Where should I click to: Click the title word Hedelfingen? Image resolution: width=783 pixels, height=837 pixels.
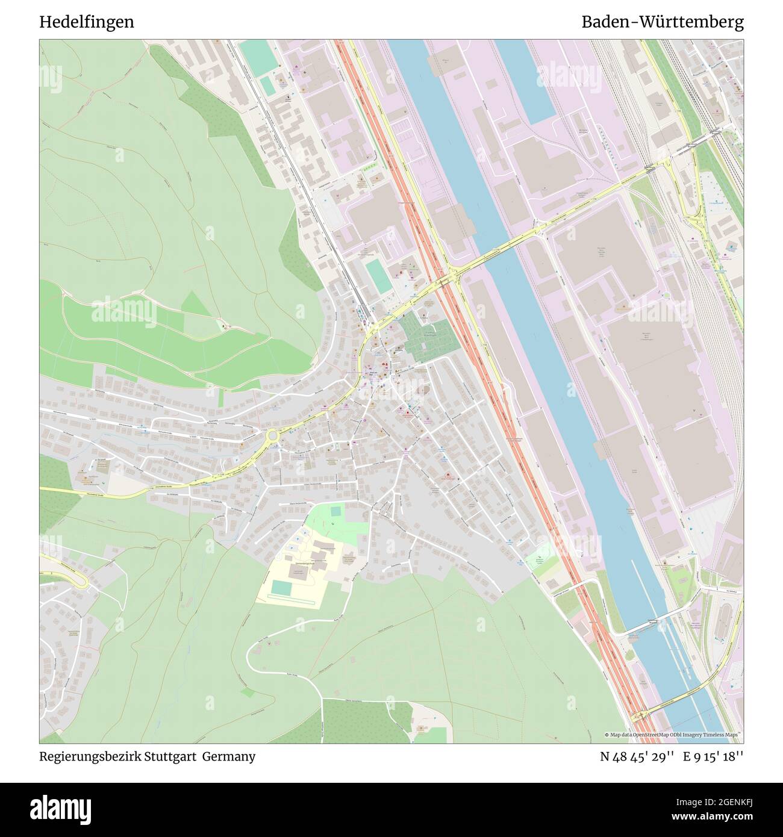[x=87, y=22]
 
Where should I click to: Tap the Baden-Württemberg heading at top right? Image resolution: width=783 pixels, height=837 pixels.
[x=662, y=22]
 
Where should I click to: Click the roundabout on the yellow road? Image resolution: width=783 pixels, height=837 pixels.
[x=273, y=435]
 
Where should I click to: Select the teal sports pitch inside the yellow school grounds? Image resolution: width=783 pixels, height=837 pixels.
[x=280, y=587]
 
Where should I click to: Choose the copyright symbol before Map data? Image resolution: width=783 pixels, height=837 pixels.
[x=607, y=735]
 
